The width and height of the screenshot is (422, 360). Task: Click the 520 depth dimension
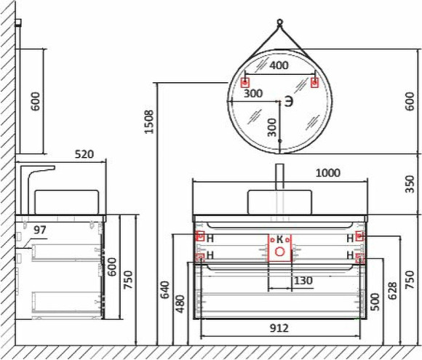pyautogui.click(x=85, y=154)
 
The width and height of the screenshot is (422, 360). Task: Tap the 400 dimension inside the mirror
pyautogui.click(x=279, y=65)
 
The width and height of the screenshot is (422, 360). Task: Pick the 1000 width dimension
pyautogui.click(x=328, y=172)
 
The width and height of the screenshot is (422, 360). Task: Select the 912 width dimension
pyautogui.click(x=279, y=328)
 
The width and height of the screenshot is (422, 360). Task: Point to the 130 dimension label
pyautogui.click(x=303, y=281)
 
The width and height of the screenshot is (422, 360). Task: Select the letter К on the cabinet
pyautogui.click(x=279, y=239)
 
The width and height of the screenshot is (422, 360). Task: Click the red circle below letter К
pyautogui.click(x=279, y=252)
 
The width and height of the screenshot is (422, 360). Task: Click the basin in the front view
pyautogui.click(x=279, y=200)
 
